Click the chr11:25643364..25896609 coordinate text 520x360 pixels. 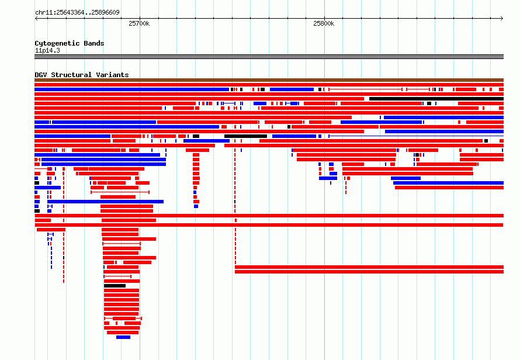77,13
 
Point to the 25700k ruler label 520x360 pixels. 139,23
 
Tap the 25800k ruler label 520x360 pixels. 324,23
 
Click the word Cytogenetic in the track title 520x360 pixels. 57,43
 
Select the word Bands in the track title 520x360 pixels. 94,43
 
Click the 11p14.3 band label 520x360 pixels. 47,50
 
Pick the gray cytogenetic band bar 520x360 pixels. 269,57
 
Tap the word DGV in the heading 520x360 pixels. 41,75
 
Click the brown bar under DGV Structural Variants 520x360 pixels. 269,80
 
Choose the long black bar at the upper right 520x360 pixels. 436,99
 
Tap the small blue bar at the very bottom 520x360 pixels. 123,337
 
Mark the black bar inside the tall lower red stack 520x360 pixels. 115,286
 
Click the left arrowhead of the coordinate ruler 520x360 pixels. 36,19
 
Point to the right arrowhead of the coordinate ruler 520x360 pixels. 502,19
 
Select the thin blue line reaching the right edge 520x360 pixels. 416,136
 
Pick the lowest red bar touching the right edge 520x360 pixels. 369,272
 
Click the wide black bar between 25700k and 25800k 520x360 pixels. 246,136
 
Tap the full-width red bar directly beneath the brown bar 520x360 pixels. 269,85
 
